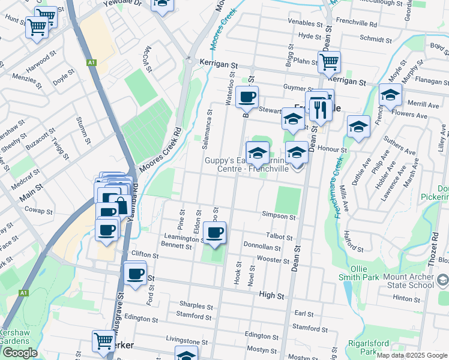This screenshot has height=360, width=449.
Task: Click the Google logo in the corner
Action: pyautogui.click(x=19, y=353)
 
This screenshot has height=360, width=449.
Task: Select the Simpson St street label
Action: pyautogui.click(x=279, y=215)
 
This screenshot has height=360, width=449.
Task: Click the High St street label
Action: pyautogui.click(x=271, y=295)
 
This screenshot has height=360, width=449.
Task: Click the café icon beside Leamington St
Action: pyautogui.click(x=214, y=232)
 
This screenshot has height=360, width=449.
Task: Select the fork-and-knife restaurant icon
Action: pyautogui.click(x=322, y=109)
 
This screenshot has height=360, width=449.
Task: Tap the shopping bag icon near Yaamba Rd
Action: pyautogui.click(x=121, y=204)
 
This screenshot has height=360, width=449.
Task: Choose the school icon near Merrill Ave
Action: pyautogui.click(x=390, y=94)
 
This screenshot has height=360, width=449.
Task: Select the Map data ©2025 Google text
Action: pyautogui.click(x=412, y=355)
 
